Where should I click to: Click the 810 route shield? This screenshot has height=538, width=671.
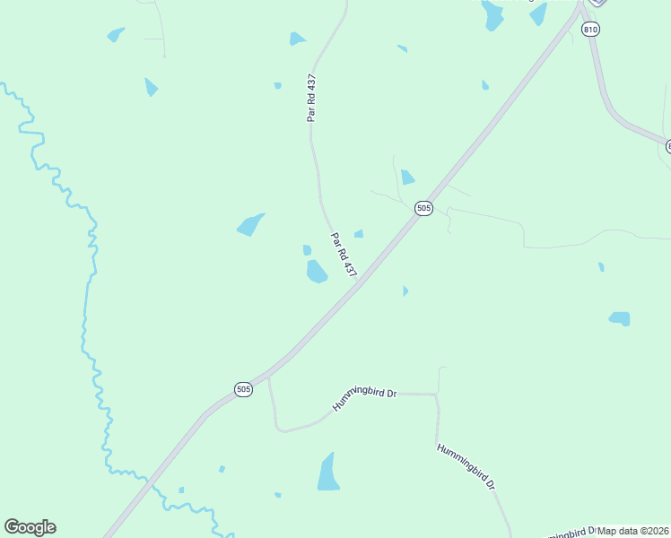click(x=589, y=30)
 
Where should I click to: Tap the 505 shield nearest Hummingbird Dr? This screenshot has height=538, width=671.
click(x=243, y=389)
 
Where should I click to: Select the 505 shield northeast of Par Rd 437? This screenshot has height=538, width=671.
click(x=424, y=208)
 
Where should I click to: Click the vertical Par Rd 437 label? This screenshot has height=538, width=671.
click(x=311, y=98)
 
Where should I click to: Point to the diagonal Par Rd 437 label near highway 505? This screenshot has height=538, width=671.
click(x=344, y=255)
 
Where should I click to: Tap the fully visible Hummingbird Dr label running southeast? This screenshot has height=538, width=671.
click(x=466, y=465)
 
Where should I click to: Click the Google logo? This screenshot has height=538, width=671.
click(x=30, y=527)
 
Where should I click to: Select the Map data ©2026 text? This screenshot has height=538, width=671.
click(x=632, y=530)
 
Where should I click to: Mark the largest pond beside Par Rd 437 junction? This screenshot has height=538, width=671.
click(x=317, y=272)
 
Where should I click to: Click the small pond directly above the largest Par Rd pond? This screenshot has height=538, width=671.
click(x=307, y=250)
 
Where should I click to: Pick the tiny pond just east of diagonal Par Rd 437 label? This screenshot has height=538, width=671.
click(x=359, y=234)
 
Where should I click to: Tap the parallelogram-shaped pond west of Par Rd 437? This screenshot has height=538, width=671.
click(x=250, y=224)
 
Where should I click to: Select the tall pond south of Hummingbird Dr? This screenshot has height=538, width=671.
click(x=328, y=473)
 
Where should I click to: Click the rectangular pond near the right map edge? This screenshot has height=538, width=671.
click(x=619, y=318)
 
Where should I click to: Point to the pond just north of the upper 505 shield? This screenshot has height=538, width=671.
click(x=407, y=177)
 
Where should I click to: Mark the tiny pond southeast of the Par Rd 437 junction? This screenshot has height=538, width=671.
click(x=405, y=291)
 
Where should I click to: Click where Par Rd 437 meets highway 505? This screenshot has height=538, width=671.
click(x=358, y=282)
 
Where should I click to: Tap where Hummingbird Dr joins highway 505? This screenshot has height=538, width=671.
click(x=268, y=377)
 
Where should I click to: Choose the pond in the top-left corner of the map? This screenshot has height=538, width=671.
click(x=115, y=35)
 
